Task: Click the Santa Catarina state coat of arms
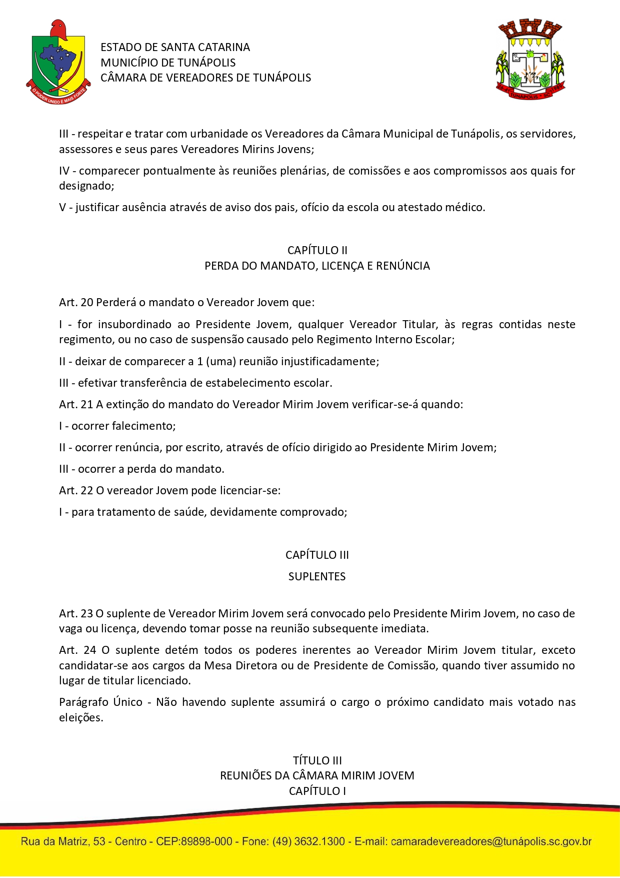(58, 63)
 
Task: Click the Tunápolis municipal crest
(530, 60)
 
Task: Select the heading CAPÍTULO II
(317, 250)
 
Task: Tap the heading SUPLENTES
(317, 576)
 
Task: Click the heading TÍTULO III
(317, 760)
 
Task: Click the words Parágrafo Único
(100, 702)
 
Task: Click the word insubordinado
(127, 324)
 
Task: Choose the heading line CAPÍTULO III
(317, 555)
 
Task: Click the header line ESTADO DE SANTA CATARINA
(175, 47)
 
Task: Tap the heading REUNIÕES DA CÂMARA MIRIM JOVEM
(317, 775)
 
